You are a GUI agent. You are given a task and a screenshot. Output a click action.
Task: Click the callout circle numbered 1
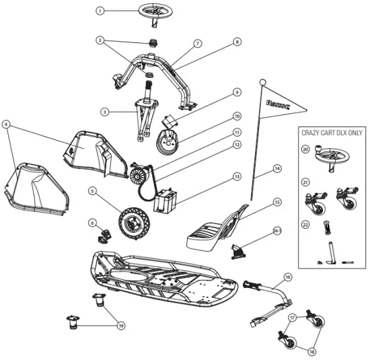click(x=100, y=11)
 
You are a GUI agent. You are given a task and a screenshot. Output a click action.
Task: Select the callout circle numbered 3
click(x=104, y=111)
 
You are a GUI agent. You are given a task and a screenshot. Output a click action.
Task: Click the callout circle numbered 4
click(x=6, y=124)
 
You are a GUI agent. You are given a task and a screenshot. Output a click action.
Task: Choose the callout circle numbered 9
click(x=236, y=92)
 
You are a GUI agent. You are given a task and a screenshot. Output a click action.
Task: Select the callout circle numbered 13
click(x=236, y=177)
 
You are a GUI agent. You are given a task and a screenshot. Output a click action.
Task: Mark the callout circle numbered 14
click(x=276, y=168)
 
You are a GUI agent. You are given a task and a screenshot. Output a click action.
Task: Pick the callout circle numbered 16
click(x=287, y=276)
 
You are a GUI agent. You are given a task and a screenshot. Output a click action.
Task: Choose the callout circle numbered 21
click(x=306, y=181)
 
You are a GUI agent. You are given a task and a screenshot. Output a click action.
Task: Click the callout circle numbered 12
click(x=236, y=143)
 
